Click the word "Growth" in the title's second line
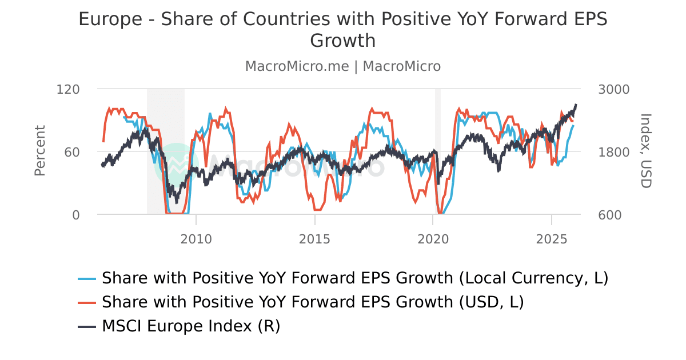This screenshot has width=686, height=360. pyautogui.click(x=342, y=41)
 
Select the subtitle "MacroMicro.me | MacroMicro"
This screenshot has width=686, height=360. pyautogui.click(x=342, y=66)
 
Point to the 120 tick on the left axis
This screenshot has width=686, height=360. pyautogui.click(x=68, y=89)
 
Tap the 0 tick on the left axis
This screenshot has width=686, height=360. pyautogui.click(x=75, y=215)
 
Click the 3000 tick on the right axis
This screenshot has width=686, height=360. pyautogui.click(x=613, y=89)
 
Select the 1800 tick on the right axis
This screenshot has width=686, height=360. pyautogui.click(x=613, y=152)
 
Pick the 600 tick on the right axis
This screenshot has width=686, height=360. pyautogui.click(x=610, y=215)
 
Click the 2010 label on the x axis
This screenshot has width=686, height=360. pyautogui.click(x=196, y=237)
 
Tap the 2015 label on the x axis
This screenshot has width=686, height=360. pyautogui.click(x=314, y=237)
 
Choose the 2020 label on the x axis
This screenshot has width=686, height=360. pyautogui.click(x=433, y=237)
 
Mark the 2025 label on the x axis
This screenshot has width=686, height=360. pyautogui.click(x=551, y=237)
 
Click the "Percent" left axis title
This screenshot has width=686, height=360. pyautogui.click(x=39, y=151)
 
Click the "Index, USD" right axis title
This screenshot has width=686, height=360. pyautogui.click(x=645, y=151)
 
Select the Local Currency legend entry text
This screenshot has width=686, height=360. pyautogui.click(x=354, y=278)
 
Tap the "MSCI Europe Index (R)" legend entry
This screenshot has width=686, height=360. pyautogui.click(x=191, y=326)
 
